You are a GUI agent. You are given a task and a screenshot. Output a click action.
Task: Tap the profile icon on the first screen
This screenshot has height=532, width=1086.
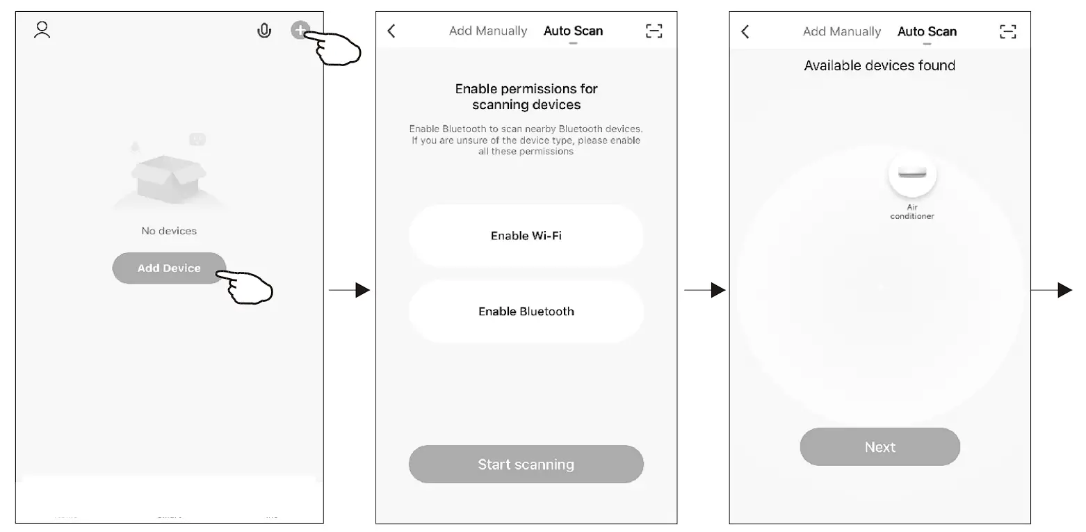point(42,30)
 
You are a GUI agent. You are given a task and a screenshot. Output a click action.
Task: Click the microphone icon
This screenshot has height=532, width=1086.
point(264,31)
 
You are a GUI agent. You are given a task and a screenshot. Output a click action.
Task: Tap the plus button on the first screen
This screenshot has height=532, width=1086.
point(300,30)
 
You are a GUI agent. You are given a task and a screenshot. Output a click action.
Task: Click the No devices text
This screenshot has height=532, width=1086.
point(169,231)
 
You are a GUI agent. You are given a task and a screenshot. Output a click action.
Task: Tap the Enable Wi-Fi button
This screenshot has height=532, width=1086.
point(526,236)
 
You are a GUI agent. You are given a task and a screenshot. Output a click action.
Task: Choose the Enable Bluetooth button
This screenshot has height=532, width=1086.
point(526,312)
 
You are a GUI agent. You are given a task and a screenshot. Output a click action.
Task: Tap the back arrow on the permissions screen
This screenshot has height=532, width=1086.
point(391,31)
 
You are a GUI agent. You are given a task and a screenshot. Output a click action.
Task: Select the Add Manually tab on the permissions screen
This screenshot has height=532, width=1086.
point(488,31)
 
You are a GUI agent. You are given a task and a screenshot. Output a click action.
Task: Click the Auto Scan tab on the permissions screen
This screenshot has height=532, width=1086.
point(573,31)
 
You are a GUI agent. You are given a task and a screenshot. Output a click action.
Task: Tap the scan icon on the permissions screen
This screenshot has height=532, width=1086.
point(654,31)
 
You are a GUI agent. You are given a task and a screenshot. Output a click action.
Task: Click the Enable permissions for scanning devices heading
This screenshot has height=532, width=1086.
point(526,97)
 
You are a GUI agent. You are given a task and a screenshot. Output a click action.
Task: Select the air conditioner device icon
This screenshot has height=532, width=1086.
point(912,173)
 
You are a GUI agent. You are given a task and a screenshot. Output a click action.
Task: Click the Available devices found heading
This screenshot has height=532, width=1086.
point(880,65)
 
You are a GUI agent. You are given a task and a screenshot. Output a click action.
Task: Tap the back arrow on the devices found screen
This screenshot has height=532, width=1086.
point(745,31)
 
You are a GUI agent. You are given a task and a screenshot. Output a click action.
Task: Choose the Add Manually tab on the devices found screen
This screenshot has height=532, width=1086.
point(841,31)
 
